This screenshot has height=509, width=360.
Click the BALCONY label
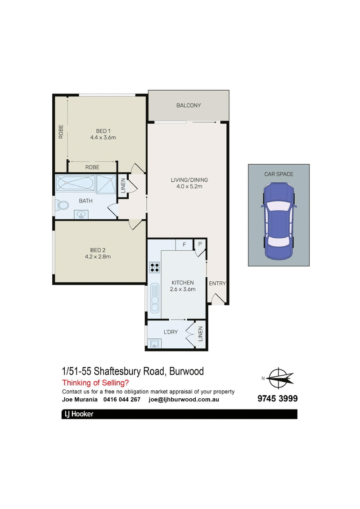tap(189, 105)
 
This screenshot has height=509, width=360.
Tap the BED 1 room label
tap(103, 131)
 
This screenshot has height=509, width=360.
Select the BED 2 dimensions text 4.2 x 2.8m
tap(98, 257)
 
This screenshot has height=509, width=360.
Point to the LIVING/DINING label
tap(189, 180)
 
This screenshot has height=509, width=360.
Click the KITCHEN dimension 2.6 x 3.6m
tap(183, 289)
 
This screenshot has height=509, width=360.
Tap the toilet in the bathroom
tap(63, 205)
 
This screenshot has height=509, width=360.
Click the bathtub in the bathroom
tap(75, 183)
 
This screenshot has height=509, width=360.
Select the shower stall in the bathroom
tap(106, 184)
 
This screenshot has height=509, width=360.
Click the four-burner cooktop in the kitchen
tap(154, 267)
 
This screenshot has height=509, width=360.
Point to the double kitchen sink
tap(155, 298)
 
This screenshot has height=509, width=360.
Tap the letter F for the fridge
tap(184, 245)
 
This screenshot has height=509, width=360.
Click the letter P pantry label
tap(200, 244)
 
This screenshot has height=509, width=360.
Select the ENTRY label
tap(217, 284)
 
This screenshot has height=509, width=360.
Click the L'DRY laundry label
tap(171, 332)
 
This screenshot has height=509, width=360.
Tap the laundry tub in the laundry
tap(154, 343)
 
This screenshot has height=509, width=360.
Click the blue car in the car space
tap(279, 221)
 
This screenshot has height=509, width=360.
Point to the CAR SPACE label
tap(279, 174)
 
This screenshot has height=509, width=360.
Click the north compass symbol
tap(278, 378)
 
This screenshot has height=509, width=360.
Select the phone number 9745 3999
tap(278, 399)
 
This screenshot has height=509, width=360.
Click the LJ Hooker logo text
tap(79, 414)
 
